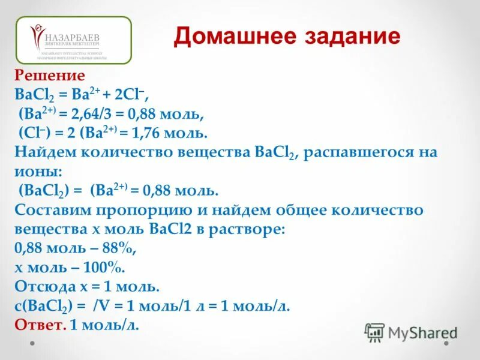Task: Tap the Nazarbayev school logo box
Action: [x=73, y=40]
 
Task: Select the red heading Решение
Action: [x=50, y=76]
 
